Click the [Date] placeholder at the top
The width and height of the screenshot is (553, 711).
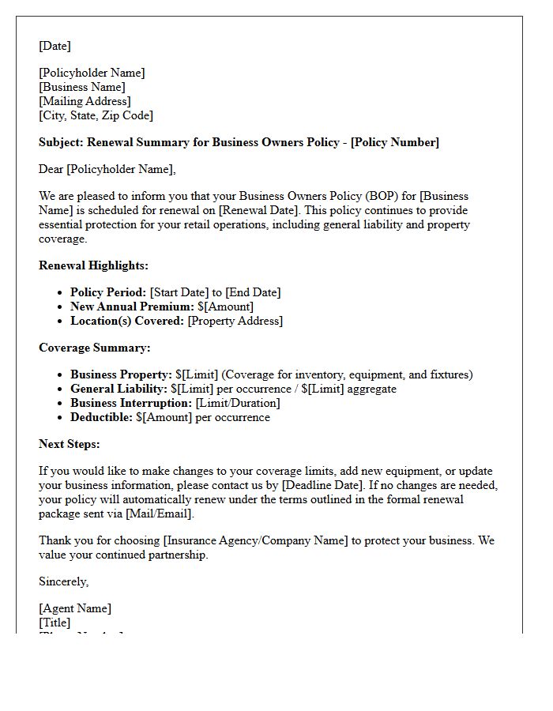point(55,46)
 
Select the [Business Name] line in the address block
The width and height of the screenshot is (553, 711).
point(82,87)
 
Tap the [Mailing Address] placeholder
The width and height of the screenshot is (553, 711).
point(85,101)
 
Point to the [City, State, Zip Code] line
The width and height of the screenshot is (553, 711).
point(96,115)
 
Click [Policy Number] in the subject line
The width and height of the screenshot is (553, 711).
point(395,142)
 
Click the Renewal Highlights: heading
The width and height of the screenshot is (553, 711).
point(93,265)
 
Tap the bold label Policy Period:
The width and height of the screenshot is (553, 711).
point(108,292)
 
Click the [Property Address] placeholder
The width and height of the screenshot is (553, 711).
point(235,321)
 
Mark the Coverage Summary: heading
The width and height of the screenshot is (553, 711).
point(94,348)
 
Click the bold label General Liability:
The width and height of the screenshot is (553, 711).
point(118,389)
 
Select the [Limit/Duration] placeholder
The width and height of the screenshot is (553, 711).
point(238,403)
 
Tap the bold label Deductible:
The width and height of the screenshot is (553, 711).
point(102,417)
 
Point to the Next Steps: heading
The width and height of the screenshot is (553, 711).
point(70,444)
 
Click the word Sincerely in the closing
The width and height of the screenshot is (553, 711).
point(63,581)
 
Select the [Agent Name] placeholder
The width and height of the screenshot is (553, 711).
point(75,608)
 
